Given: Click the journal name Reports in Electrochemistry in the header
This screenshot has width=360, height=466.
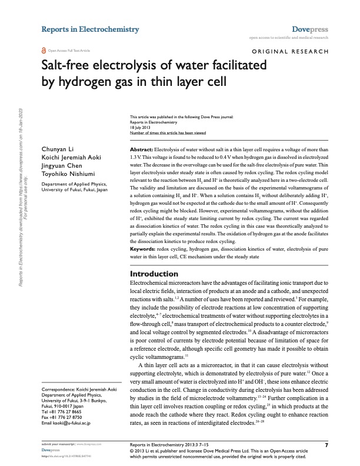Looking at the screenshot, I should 90,29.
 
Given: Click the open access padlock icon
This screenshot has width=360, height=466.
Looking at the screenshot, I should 44,51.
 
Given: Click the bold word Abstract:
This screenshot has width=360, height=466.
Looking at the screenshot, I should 141,151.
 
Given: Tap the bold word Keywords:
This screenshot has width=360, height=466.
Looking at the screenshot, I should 143,266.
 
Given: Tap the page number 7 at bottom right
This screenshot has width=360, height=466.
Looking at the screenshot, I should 326,445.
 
